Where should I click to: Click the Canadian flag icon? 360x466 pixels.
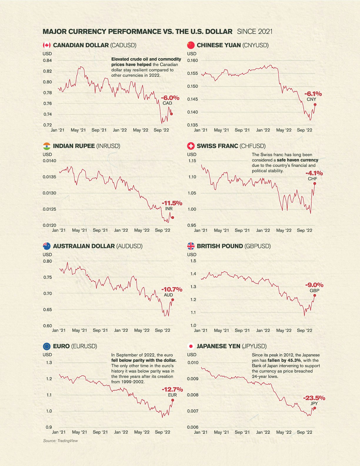[x=46, y=45]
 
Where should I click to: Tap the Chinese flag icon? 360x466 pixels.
[x=191, y=45]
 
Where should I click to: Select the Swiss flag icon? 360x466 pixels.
[x=191, y=146]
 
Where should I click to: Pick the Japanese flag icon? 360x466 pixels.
[x=191, y=346]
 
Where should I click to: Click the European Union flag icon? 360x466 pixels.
[x=46, y=346]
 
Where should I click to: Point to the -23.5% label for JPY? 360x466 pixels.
[x=314, y=398]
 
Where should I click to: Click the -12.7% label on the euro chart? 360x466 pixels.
[x=172, y=389]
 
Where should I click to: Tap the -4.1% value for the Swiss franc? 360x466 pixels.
[x=314, y=173]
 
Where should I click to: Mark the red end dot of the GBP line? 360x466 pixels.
[x=314, y=295]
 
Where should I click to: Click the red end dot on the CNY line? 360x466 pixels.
[x=315, y=104]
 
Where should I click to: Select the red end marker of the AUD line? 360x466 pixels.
[x=173, y=300]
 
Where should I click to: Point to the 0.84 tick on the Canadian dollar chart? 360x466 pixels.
[x=48, y=61]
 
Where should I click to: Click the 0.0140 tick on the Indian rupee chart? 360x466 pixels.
[x=49, y=161]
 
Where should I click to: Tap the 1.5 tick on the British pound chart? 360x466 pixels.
[x=193, y=261]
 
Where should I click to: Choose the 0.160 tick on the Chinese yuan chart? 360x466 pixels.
[x=193, y=61]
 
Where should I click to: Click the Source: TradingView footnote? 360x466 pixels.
[x=61, y=440]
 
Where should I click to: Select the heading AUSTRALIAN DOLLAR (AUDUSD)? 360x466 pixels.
[x=98, y=246]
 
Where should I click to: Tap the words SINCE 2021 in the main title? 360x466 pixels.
[x=255, y=31]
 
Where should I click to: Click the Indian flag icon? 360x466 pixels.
[x=46, y=146]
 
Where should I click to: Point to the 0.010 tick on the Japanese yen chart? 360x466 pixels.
[x=193, y=363]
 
